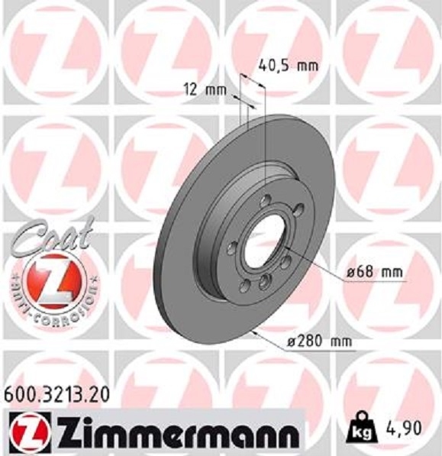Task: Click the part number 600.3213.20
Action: pyautogui.click(x=56, y=395)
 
